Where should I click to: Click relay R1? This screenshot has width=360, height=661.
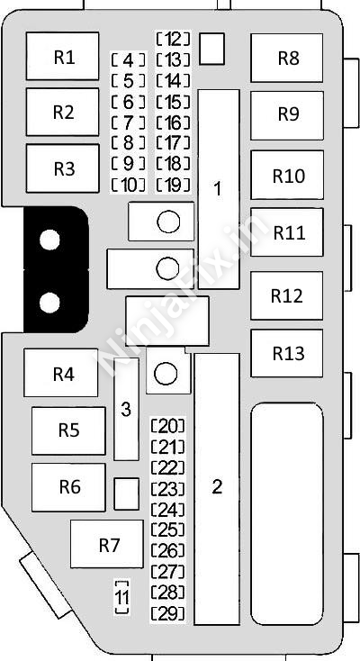pos(62,56)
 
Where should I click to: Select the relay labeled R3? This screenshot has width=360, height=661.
pos(62,168)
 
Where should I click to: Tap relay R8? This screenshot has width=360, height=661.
pos(287,58)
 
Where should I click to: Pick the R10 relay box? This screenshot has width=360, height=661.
pos(287,175)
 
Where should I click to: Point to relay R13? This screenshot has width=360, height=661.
pos(287,353)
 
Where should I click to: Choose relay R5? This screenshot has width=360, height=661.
pos(68,430)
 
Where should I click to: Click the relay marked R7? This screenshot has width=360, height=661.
pos(107,544)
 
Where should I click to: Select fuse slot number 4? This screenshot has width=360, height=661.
pos(129,60)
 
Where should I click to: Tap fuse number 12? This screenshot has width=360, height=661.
pos(173,40)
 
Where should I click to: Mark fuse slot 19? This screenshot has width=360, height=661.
pos(173,185)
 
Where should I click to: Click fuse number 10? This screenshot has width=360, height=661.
pos(129,185)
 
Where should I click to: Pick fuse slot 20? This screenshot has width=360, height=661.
pos(167,426)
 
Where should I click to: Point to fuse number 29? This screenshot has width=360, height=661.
pos(167,613)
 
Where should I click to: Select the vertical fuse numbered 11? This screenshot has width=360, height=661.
pos(121,597)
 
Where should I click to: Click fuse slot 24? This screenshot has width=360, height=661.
pos(167,509)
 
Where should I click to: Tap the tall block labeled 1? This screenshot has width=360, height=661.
pos(219,189)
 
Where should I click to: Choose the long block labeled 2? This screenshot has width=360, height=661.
pos(217,489)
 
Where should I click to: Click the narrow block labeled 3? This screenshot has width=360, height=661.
pos(126,409)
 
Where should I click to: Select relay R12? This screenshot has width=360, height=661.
pos(287,295)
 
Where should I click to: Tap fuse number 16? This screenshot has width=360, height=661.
pos(173,122)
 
